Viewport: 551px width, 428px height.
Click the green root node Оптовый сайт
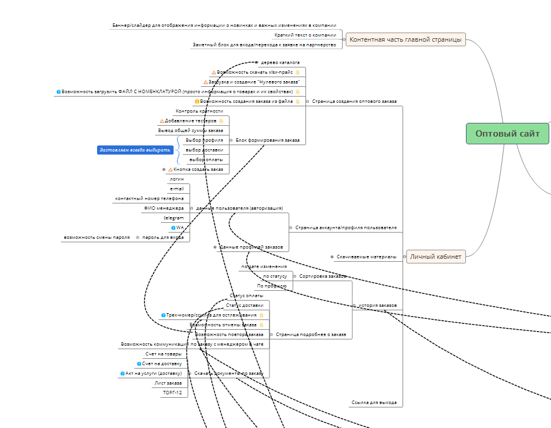(x=507, y=134)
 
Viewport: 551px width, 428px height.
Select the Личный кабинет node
(x=435, y=257)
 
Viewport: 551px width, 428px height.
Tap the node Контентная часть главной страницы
(x=405, y=39)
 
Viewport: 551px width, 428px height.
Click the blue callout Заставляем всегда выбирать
(x=135, y=150)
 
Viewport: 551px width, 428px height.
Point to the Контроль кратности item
(x=199, y=111)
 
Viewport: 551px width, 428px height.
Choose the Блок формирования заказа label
(x=267, y=140)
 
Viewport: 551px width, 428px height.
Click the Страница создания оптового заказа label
(x=354, y=101)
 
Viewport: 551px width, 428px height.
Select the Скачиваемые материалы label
(x=366, y=257)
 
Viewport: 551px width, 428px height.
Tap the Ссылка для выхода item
(x=373, y=402)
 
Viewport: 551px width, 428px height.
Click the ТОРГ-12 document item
(x=172, y=393)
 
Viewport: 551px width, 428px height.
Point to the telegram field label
(x=174, y=218)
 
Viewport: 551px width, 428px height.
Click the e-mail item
(x=176, y=189)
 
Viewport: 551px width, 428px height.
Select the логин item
(x=176, y=179)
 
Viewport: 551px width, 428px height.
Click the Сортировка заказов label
(x=323, y=276)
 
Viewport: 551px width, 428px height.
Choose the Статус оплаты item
(x=247, y=295)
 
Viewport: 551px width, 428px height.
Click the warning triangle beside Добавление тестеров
(x=162, y=121)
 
